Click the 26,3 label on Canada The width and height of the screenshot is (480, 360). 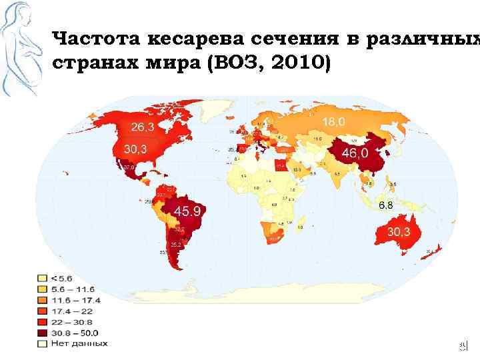(x=144, y=127)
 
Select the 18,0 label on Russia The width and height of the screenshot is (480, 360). (x=334, y=122)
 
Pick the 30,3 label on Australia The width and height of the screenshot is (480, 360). (x=405, y=231)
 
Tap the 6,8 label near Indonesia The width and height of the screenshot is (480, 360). (x=385, y=205)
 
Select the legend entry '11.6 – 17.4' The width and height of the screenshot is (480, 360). (x=74, y=300)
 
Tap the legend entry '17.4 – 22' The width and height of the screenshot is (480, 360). (x=71, y=311)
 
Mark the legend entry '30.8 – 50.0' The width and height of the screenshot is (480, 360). (x=74, y=333)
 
